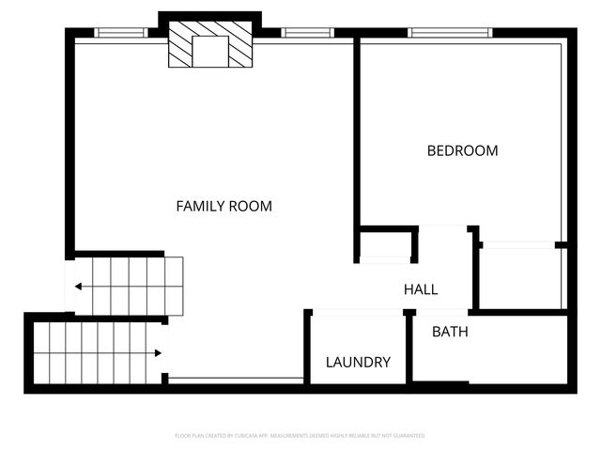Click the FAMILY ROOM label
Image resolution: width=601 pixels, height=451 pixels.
(x=224, y=206)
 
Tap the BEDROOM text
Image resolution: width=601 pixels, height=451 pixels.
(x=462, y=150)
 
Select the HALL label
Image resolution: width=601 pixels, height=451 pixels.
(x=421, y=289)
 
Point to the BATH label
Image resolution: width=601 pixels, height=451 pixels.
(x=450, y=332)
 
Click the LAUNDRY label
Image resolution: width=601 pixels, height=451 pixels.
(x=358, y=362)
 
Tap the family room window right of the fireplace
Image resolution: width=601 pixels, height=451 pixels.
(x=307, y=33)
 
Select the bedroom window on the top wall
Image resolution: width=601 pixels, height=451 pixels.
(x=450, y=33)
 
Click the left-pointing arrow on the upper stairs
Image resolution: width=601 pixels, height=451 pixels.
(x=80, y=287)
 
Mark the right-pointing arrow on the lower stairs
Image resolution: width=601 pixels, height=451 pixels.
(x=156, y=353)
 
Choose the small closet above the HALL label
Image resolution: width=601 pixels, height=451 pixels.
(x=385, y=245)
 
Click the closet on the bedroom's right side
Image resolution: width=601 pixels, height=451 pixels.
(x=520, y=277)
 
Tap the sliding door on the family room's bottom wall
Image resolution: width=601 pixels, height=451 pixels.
(x=236, y=380)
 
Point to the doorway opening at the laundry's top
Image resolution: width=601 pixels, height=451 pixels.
(x=357, y=312)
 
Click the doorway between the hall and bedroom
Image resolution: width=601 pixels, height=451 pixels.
(x=443, y=227)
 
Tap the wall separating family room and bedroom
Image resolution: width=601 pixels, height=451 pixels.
(x=357, y=141)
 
